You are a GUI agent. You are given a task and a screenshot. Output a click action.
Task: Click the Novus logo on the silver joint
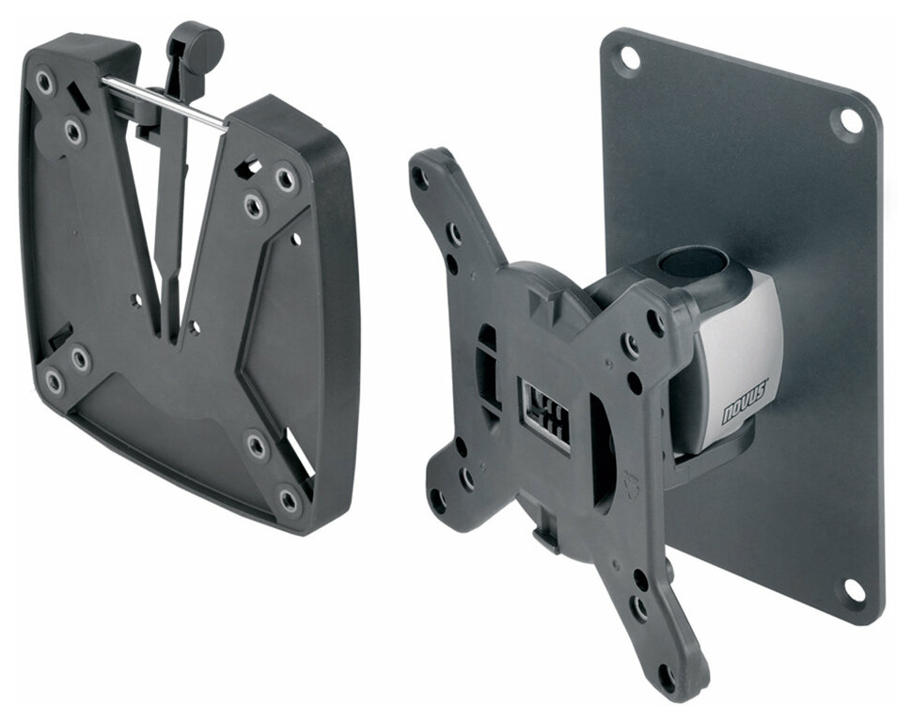(745, 402)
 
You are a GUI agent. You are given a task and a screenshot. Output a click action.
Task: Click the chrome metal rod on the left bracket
(163, 102)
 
